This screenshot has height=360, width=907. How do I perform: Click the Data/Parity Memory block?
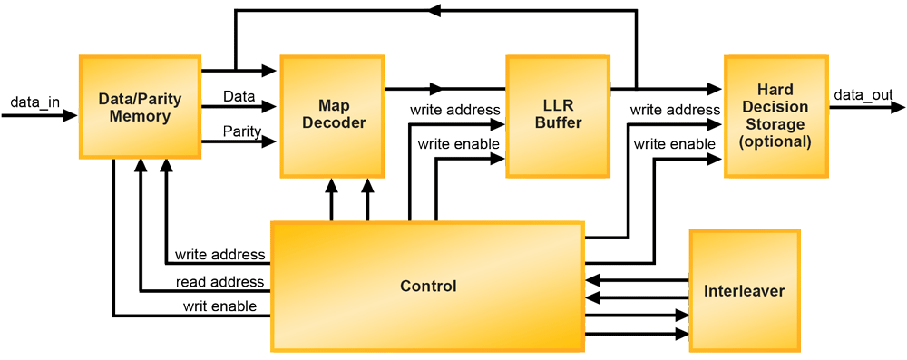pyautogui.click(x=140, y=107)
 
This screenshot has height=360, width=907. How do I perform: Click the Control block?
pyautogui.click(x=428, y=287)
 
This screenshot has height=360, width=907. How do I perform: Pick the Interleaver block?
pyautogui.click(x=744, y=291)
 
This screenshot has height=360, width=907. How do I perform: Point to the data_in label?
pyautogui.click(x=35, y=102)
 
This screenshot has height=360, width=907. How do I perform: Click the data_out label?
pyautogui.click(x=863, y=94)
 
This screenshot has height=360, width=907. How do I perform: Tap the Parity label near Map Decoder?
pyautogui.click(x=243, y=132)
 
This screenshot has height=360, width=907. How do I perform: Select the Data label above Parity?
pyautogui.click(x=239, y=96)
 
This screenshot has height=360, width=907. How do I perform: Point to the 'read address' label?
pyautogui.click(x=219, y=281)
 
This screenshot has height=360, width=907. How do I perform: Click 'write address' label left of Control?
pyautogui.click(x=219, y=255)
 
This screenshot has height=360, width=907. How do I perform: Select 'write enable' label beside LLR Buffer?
pyautogui.click(x=454, y=144)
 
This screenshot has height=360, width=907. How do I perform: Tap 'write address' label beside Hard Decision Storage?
pyautogui.click(x=675, y=110)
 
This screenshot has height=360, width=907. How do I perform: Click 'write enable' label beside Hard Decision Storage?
pyautogui.click(x=675, y=144)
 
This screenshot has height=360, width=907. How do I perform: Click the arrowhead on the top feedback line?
pyautogui.click(x=434, y=11)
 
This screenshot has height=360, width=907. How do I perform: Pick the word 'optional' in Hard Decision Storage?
pyautogui.click(x=775, y=141)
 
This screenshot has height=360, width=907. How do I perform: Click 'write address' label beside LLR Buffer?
pyautogui.click(x=454, y=110)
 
